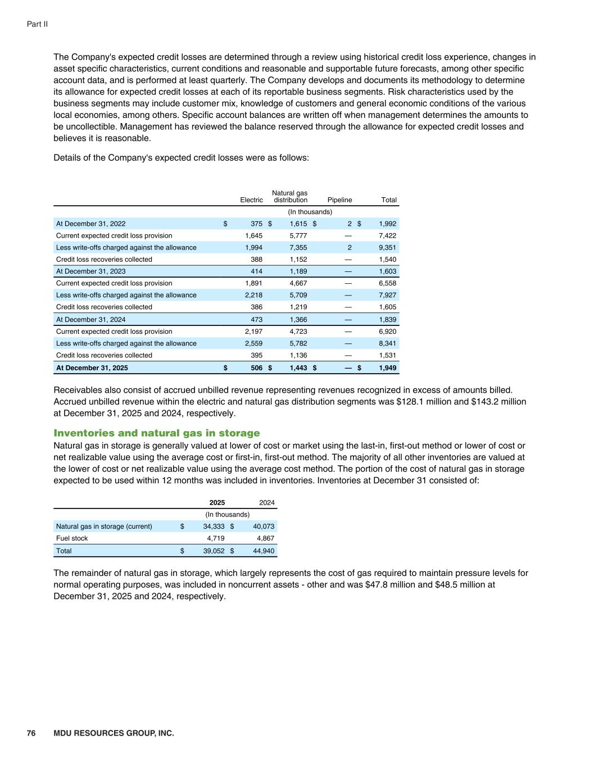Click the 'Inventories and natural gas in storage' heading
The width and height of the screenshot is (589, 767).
157,433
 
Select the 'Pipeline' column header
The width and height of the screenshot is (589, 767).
339,200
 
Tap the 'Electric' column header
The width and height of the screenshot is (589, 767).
251,200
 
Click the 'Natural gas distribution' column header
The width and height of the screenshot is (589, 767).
290,197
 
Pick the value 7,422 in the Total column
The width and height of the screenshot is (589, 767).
387,235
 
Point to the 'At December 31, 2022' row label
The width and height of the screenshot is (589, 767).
90,224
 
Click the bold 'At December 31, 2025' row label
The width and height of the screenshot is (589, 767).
92,368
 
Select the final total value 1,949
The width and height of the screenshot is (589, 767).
387,368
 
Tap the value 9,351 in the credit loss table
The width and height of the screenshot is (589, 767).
387,248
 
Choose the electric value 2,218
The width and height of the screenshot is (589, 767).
253,296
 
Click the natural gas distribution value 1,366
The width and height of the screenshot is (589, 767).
298,320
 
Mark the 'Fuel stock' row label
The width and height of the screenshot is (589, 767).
72,538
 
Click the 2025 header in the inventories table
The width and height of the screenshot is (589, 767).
217,503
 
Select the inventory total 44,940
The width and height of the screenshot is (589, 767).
264,551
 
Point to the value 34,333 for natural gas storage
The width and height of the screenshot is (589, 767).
214,527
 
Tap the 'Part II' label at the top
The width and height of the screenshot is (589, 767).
37,24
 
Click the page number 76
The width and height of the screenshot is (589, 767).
31,733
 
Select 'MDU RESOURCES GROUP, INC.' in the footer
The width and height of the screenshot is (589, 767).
114,733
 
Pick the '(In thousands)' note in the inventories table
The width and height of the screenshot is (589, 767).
227,515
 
